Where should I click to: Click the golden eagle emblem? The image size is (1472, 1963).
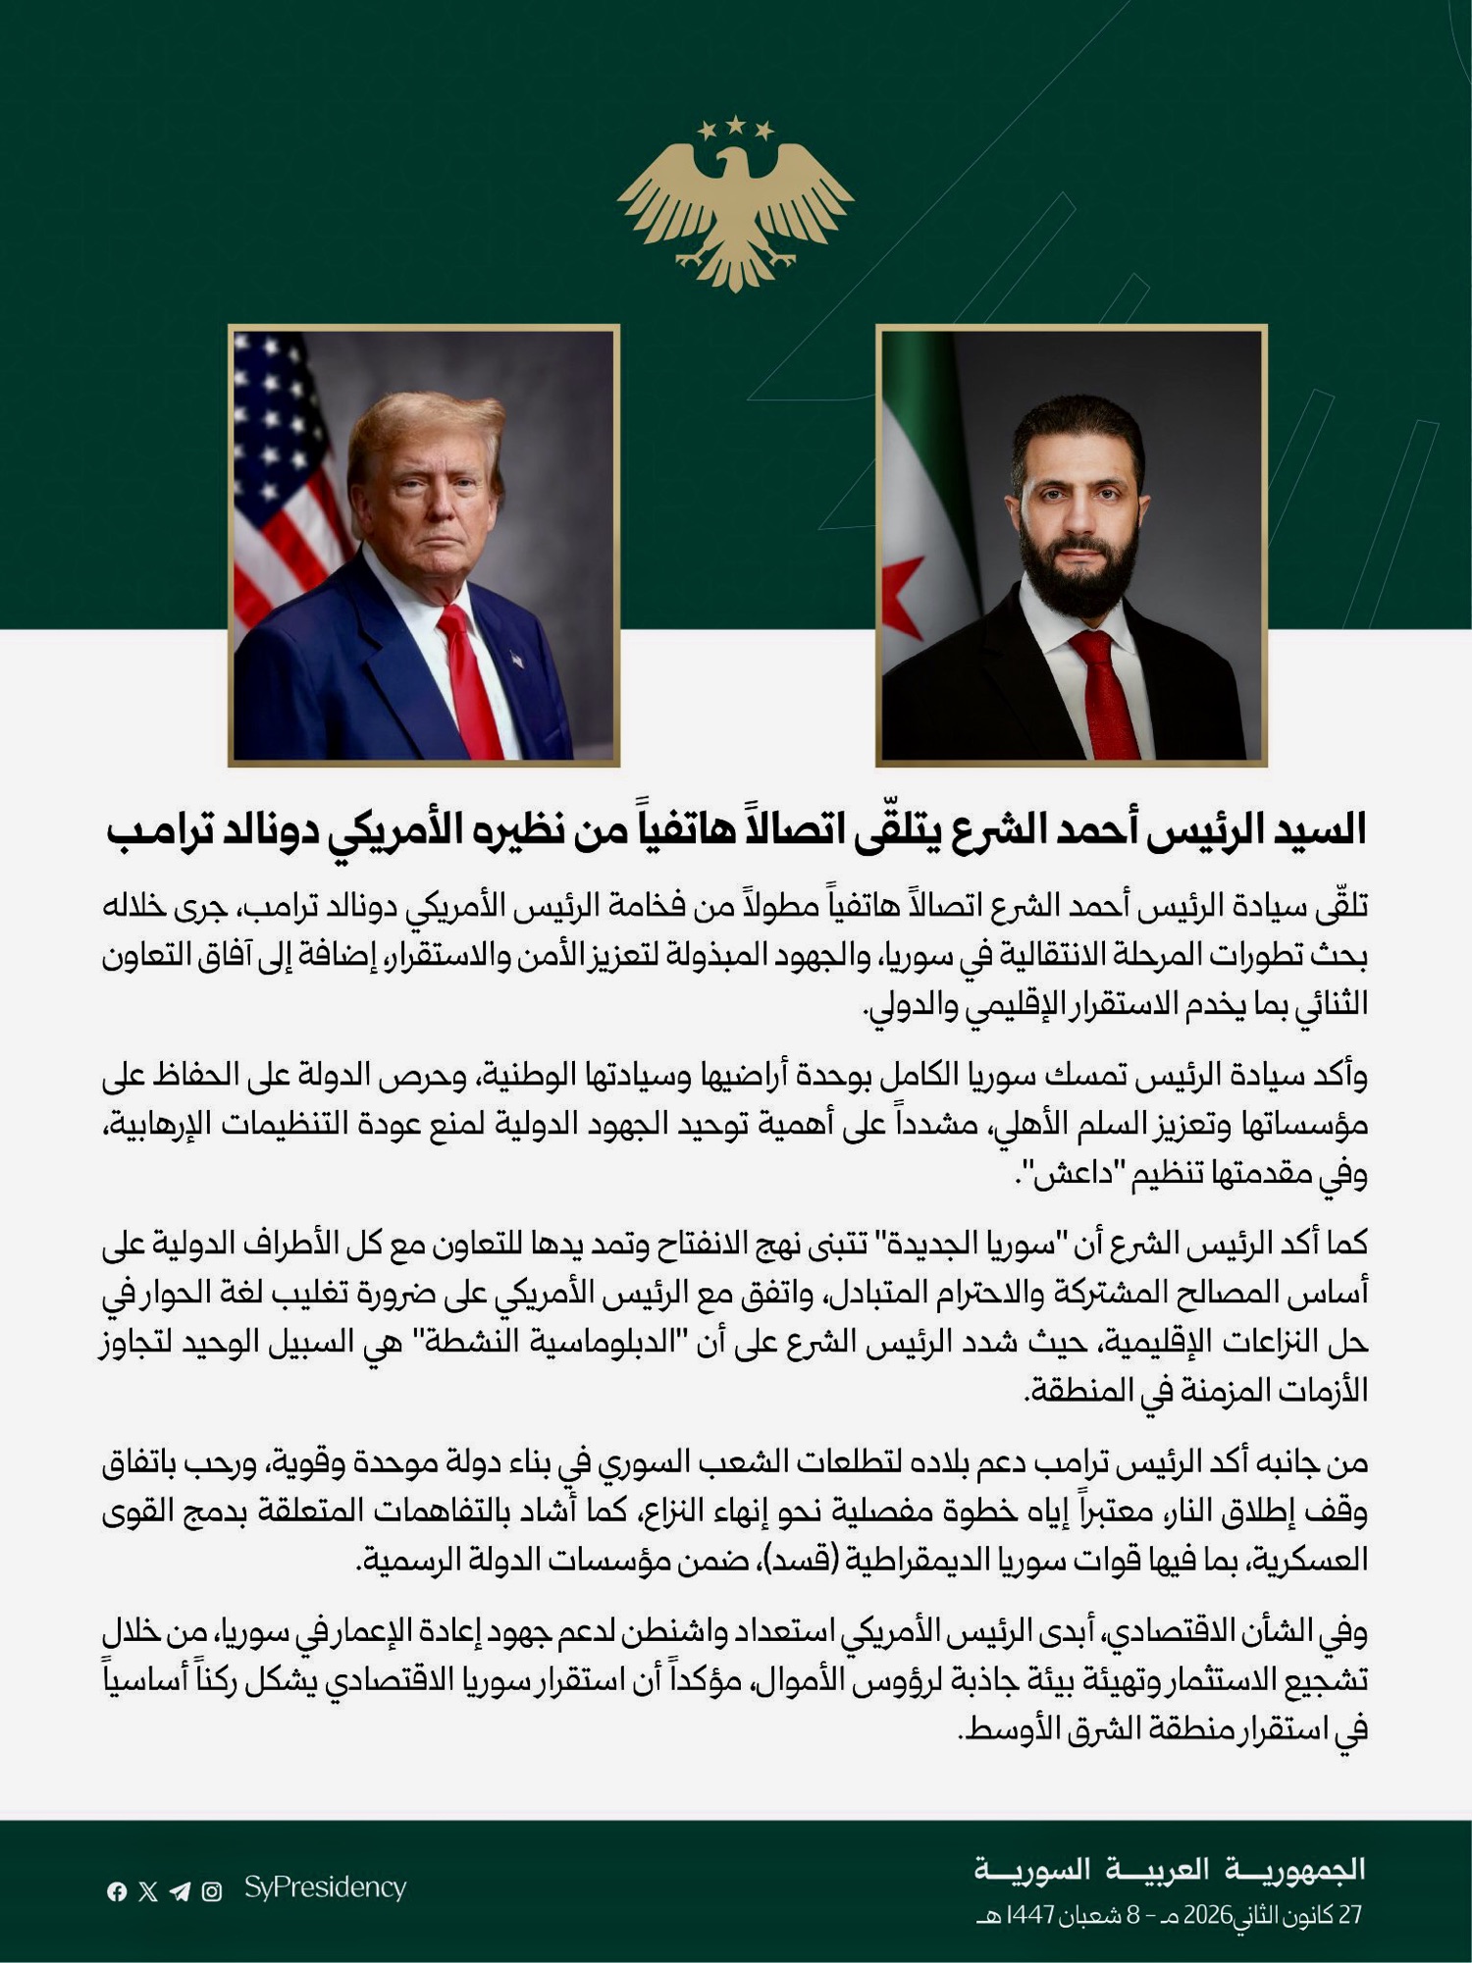(x=735, y=211)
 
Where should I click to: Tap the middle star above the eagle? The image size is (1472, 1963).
(x=735, y=125)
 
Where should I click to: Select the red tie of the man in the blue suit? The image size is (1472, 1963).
(x=469, y=677)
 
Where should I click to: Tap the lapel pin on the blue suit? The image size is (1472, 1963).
(x=516, y=661)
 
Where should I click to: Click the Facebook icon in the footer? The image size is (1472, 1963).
(x=117, y=1891)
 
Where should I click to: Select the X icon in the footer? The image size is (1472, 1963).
(x=148, y=1891)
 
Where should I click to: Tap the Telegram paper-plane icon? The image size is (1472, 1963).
(x=180, y=1891)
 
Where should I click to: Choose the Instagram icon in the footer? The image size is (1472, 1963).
(x=212, y=1891)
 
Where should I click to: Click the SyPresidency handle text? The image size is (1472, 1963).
(x=325, y=1887)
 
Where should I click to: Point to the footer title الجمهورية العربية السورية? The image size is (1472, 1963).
(x=1169, y=1869)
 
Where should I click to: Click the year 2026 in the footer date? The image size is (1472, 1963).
(x=1208, y=1915)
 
